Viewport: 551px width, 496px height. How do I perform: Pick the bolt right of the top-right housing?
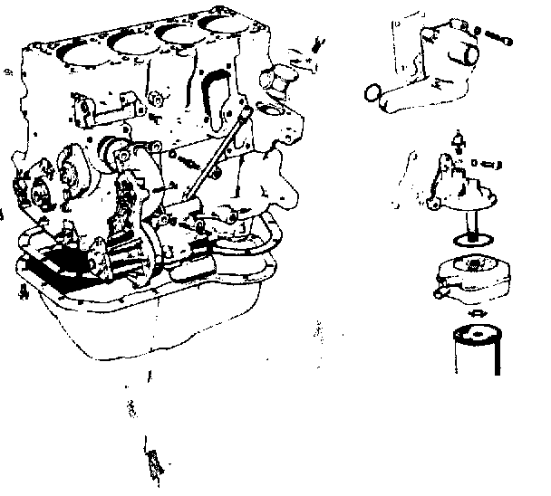pos(502,39)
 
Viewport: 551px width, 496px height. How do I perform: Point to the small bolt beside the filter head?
pos(487,163)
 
